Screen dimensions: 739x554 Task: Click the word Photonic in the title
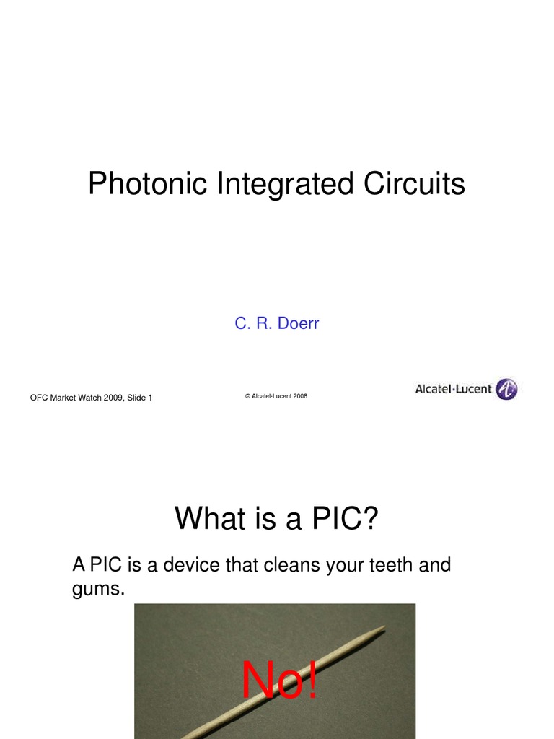tap(148, 184)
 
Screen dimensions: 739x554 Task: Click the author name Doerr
tap(298, 323)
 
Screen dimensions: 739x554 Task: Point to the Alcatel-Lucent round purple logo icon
tap(507, 389)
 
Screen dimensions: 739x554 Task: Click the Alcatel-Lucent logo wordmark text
tap(453, 389)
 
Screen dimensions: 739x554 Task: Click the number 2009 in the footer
tap(113, 398)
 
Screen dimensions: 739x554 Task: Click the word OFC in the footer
tap(38, 398)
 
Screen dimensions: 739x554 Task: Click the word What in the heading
tap(208, 518)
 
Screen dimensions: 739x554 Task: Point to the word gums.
tap(98, 588)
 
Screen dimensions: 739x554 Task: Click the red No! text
tap(279, 680)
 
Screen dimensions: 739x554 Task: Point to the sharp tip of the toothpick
tap(384, 627)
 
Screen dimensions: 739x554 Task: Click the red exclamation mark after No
tap(311, 680)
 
